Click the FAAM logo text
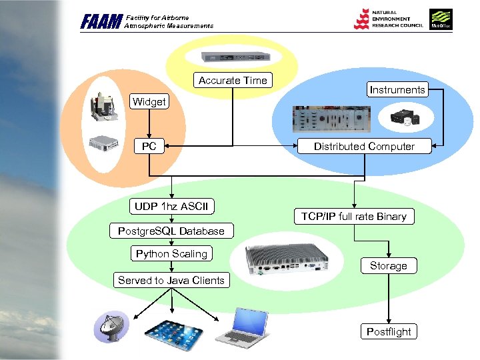(x=101, y=22)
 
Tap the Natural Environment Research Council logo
(x=387, y=19)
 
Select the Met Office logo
(x=441, y=19)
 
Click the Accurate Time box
(x=233, y=80)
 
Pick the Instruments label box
(x=397, y=89)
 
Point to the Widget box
(x=149, y=101)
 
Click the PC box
(x=149, y=146)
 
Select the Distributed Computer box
(x=364, y=146)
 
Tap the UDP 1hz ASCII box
(x=171, y=206)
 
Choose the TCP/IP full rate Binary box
(x=353, y=216)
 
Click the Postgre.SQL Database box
(x=171, y=231)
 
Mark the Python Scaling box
(x=171, y=253)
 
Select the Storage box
(x=388, y=265)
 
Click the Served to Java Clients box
(x=171, y=280)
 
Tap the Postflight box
(x=389, y=331)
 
